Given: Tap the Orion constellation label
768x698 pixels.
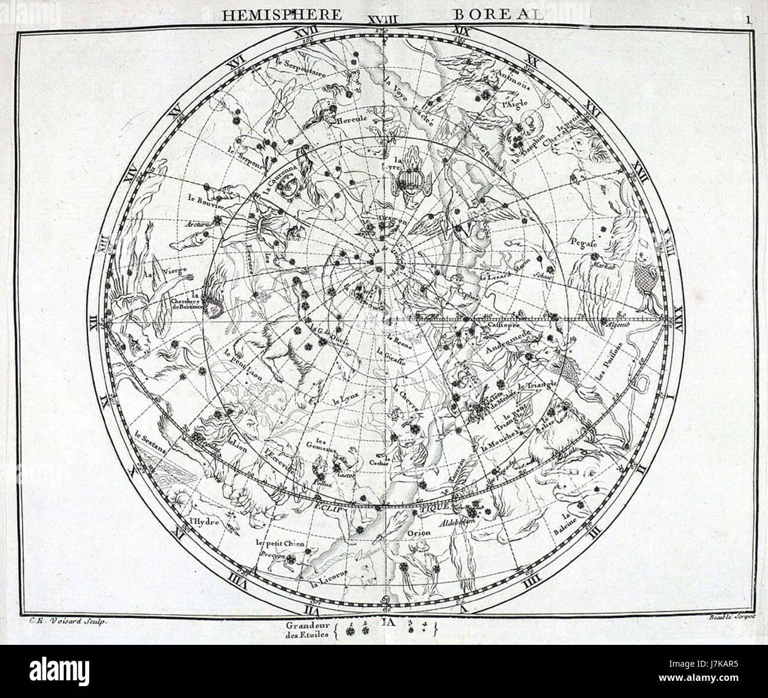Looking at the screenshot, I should point(419,533).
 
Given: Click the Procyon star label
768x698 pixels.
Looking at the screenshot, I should point(271,556).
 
